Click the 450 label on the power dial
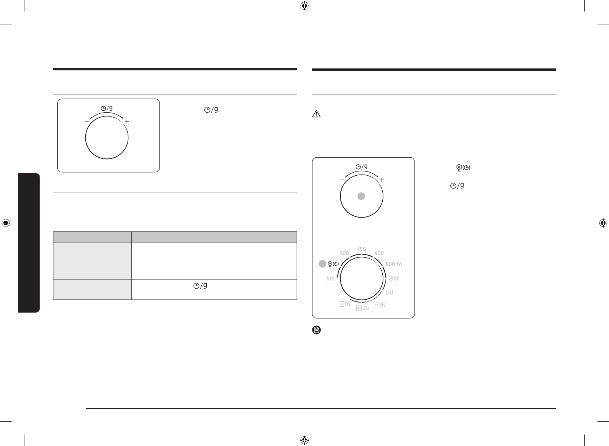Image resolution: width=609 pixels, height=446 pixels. (x=361, y=249)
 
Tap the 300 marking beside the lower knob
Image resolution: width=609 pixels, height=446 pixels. (x=344, y=253)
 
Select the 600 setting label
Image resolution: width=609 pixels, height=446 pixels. (x=379, y=253)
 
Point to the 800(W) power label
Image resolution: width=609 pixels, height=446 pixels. (x=394, y=264)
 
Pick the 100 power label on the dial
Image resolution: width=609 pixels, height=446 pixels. (x=330, y=279)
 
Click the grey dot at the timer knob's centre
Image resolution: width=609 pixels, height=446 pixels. (x=361, y=196)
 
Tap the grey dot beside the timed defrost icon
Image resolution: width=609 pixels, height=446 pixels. (x=322, y=264)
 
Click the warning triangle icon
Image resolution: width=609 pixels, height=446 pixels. (x=317, y=114)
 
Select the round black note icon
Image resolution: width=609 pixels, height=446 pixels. (x=317, y=330)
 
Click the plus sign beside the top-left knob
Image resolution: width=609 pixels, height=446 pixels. (x=127, y=121)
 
